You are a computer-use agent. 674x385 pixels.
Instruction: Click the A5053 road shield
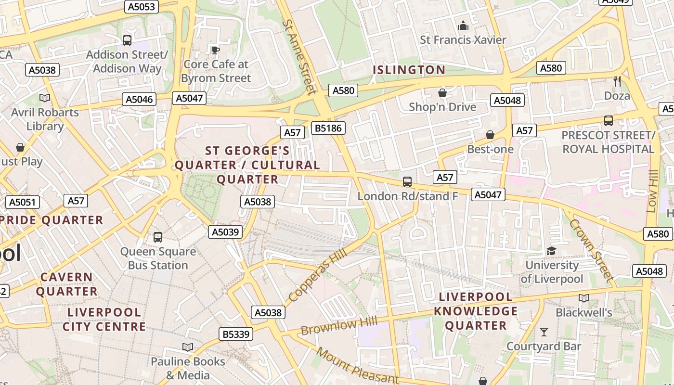(141, 6)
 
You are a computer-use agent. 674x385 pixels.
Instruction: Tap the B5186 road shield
(328, 128)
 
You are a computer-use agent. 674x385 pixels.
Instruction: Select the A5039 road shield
(225, 232)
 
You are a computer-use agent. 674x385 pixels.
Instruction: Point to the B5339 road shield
(236, 334)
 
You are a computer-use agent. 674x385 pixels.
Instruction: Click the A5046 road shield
(140, 99)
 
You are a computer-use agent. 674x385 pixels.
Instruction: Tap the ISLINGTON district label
(409, 70)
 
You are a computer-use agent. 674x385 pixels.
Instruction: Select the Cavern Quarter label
(66, 284)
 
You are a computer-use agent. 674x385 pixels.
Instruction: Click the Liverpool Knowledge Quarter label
(476, 311)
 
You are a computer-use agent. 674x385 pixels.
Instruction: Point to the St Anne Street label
(299, 56)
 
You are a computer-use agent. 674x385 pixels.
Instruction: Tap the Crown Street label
(591, 250)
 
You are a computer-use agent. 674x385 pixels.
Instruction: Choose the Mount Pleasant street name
(357, 366)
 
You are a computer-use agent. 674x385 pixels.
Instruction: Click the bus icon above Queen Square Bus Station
(158, 237)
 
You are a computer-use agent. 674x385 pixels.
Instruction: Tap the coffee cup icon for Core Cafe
(216, 50)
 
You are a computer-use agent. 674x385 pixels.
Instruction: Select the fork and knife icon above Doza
(617, 81)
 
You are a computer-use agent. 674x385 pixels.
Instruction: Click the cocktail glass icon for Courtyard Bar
(544, 332)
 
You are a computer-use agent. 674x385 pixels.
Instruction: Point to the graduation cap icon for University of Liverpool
(551, 251)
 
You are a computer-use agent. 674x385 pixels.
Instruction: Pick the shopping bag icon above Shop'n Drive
(442, 93)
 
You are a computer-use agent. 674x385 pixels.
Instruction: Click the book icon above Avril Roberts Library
(45, 98)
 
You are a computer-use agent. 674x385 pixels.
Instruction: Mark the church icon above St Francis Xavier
(463, 26)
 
